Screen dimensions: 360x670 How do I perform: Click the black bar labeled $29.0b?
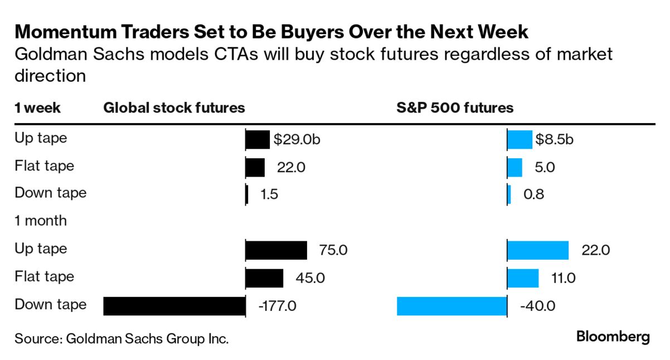tap(258, 140)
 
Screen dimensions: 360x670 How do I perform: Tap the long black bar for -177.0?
tap(174, 306)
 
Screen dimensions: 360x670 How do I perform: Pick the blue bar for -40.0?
tap(451, 306)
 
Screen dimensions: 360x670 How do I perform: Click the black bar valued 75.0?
tap(276, 250)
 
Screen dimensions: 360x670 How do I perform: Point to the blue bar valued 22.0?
tap(538, 250)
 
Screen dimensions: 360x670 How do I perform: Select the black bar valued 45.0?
tap(264, 278)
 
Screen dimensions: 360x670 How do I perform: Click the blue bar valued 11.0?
tap(523, 278)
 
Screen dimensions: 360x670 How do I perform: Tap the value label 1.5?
tap(269, 194)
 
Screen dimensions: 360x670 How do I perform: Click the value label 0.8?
tap(534, 194)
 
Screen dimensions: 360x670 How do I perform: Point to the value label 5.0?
tap(544, 167)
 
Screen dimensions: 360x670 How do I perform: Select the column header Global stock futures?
tap(174, 108)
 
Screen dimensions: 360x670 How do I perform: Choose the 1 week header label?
tap(37, 108)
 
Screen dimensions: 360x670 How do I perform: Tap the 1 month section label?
tap(41, 221)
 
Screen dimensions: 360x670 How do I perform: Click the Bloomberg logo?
tap(613, 337)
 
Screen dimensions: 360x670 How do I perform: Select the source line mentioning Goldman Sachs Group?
tap(122, 338)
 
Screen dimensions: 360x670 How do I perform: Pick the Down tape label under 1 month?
tap(51, 305)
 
